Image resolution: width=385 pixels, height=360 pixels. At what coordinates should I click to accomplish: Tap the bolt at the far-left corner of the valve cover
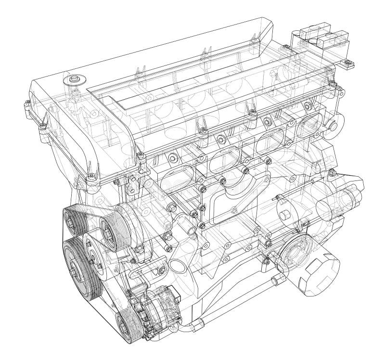24,103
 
